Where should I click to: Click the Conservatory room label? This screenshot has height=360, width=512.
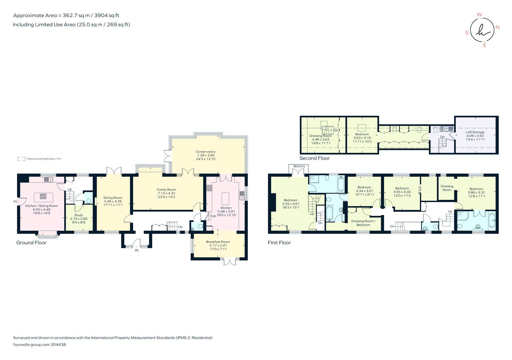[x=206, y=152]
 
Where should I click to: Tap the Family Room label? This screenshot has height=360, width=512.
[x=166, y=190]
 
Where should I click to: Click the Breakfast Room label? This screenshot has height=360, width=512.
[x=218, y=242]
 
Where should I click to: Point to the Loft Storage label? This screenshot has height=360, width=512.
[x=475, y=132]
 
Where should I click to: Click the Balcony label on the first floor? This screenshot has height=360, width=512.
[x=299, y=166]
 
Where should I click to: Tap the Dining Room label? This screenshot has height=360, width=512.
[x=113, y=198]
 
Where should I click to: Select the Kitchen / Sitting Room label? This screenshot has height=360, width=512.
[x=42, y=206]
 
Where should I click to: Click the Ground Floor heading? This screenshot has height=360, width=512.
[x=31, y=243]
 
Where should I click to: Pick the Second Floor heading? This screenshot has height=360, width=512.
[x=314, y=158]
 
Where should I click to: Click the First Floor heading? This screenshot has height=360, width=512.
[x=279, y=243]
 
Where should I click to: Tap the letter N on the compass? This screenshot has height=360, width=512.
[x=497, y=27]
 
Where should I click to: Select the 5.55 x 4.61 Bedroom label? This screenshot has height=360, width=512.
[x=291, y=200]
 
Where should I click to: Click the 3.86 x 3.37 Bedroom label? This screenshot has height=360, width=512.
[x=476, y=189]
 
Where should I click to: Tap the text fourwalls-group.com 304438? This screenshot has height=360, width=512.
[x=39, y=345]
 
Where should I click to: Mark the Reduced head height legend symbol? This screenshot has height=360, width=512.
[x=21, y=159]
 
